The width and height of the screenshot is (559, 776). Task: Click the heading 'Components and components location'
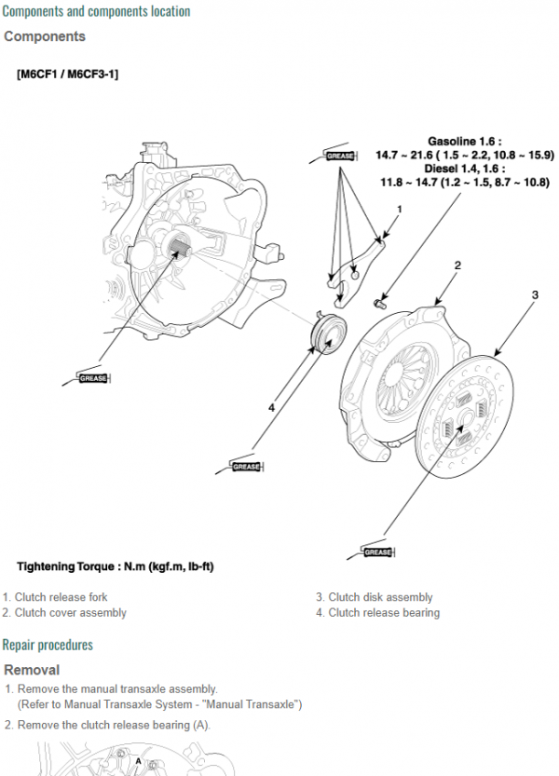pos(96,11)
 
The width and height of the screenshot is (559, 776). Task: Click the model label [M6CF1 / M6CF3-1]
pos(67,74)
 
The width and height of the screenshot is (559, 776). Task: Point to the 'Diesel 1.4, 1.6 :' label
pos(463,169)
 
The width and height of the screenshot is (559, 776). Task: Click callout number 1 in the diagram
pos(399,209)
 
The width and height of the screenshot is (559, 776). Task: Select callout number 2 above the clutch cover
pos(457,265)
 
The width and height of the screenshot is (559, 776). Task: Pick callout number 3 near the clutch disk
pos(535,295)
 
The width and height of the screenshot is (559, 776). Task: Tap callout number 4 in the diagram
pos(271,407)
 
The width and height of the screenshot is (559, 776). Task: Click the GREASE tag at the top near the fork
pos(340,156)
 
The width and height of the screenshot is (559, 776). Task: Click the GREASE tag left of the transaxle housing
pos(93,378)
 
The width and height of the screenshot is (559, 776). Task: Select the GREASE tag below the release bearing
pos(246,466)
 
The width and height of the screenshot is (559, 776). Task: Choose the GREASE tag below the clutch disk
pos(377,551)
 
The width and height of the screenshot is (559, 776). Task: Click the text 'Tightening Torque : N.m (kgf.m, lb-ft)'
pos(116,566)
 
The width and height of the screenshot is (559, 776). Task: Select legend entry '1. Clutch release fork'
pos(55,597)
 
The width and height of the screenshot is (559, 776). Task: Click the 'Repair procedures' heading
pos(48,645)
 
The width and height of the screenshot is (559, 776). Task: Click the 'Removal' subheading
pos(32,670)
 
